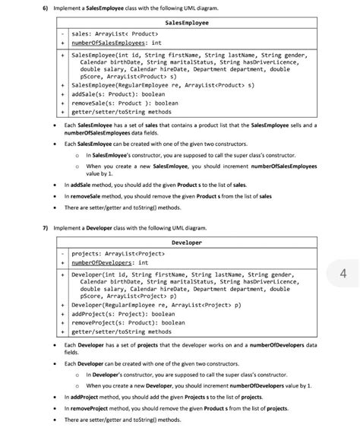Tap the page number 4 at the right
(x=343, y=273)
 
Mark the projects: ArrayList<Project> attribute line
(x=121, y=253)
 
